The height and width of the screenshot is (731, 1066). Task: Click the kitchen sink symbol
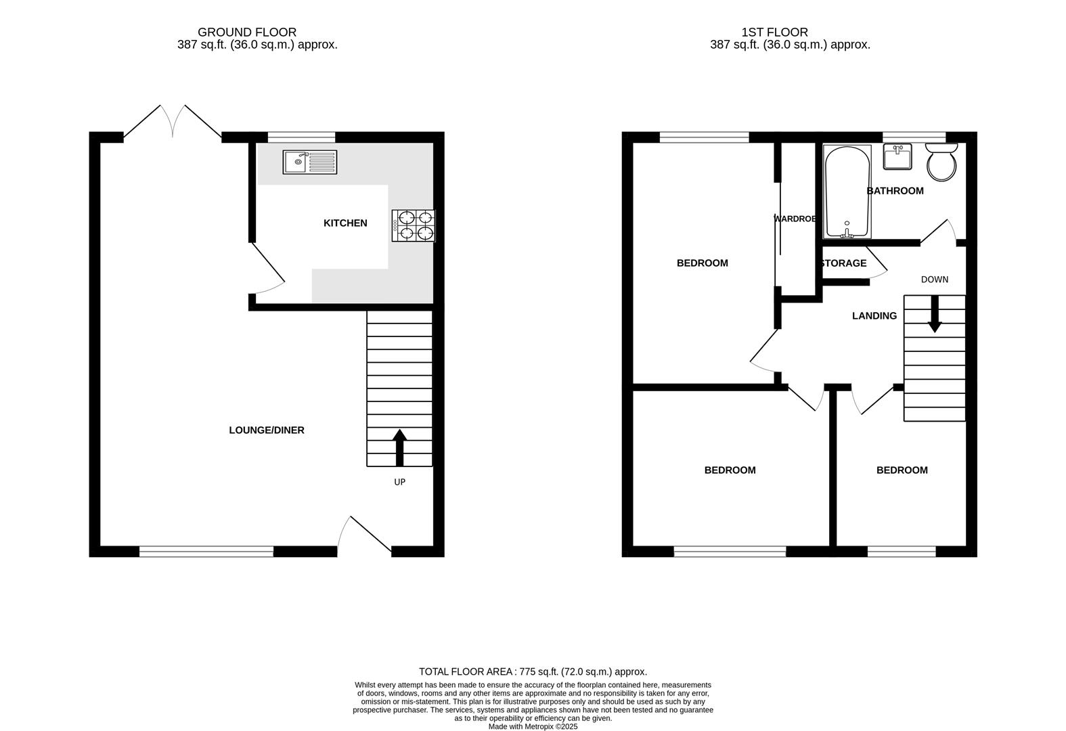[x=310, y=162]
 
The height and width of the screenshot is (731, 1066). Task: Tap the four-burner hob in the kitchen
[x=414, y=226]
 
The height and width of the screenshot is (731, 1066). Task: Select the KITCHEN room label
[x=345, y=223]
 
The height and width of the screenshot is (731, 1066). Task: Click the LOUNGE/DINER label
[x=267, y=430]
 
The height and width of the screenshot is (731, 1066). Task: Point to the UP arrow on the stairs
[x=399, y=447]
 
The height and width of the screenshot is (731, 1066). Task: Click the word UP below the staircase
[x=399, y=483]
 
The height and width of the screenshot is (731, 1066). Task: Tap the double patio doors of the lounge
[x=173, y=123]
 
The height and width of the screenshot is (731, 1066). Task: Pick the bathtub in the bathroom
[x=847, y=192]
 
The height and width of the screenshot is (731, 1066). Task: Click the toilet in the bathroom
[x=941, y=161]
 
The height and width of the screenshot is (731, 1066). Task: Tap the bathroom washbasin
[x=897, y=157]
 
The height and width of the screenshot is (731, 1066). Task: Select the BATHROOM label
[x=895, y=191]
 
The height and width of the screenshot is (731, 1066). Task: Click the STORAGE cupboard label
[x=843, y=263]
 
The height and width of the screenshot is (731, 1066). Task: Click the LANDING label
[x=874, y=316]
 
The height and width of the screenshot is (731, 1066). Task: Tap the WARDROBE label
[x=795, y=219]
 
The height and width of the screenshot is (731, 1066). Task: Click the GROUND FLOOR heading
[x=246, y=32]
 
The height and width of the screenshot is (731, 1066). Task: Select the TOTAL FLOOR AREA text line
[x=533, y=672]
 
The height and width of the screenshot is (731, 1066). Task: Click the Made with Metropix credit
[x=533, y=726]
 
